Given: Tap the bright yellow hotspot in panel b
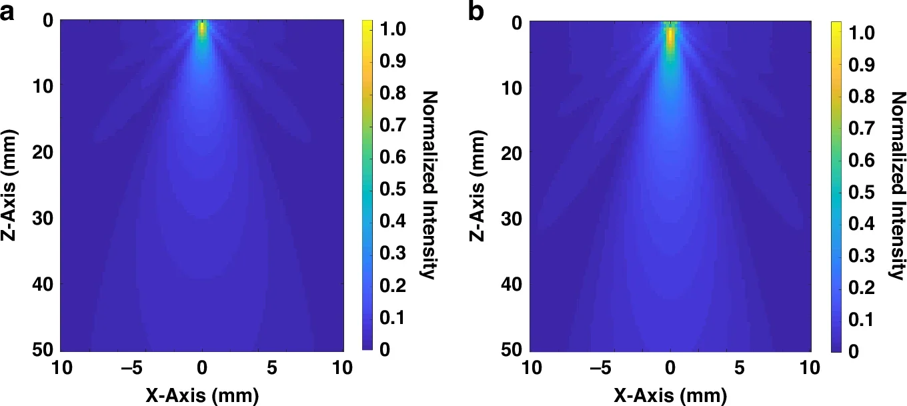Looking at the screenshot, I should (x=671, y=37).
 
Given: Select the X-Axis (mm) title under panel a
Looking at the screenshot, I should (x=202, y=394).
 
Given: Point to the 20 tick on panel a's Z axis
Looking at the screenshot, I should (x=43, y=153).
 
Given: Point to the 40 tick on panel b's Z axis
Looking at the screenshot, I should (x=512, y=285).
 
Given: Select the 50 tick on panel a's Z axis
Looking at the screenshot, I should (x=43, y=349).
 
